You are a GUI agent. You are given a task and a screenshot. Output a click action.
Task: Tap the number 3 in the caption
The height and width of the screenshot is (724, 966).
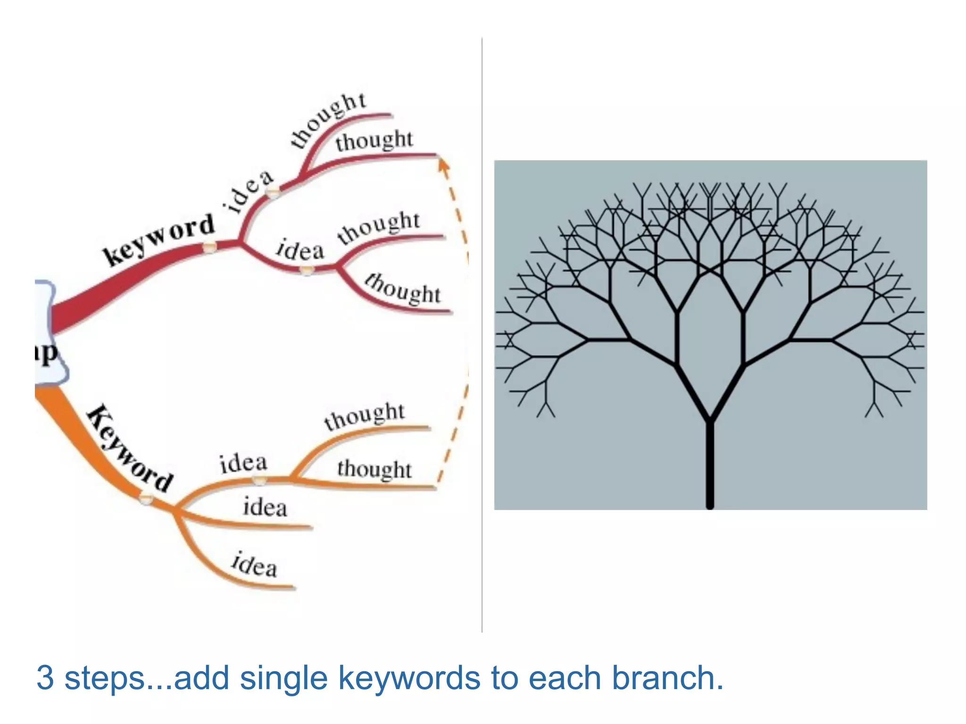click(x=45, y=678)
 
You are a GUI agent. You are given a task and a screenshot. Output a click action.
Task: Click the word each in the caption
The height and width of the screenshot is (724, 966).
click(x=564, y=678)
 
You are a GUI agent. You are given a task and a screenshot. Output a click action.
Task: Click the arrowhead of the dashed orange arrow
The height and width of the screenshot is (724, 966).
click(x=442, y=164)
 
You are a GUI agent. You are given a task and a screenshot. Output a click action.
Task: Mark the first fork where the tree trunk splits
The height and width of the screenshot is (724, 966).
click(x=709, y=420)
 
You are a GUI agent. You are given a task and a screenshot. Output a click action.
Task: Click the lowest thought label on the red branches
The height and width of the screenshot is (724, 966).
click(x=403, y=288)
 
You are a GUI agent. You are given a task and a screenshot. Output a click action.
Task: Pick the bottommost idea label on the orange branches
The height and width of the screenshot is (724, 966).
click(x=254, y=564)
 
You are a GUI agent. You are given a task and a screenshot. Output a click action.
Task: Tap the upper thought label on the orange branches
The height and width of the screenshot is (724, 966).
click(x=364, y=416)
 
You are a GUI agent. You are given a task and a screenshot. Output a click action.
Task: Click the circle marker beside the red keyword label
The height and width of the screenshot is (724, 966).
click(x=209, y=247)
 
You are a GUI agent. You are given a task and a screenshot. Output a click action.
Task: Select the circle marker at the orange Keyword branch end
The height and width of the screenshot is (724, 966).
click(x=146, y=498)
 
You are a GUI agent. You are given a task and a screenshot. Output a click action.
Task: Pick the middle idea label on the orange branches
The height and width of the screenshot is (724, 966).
click(x=265, y=508)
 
